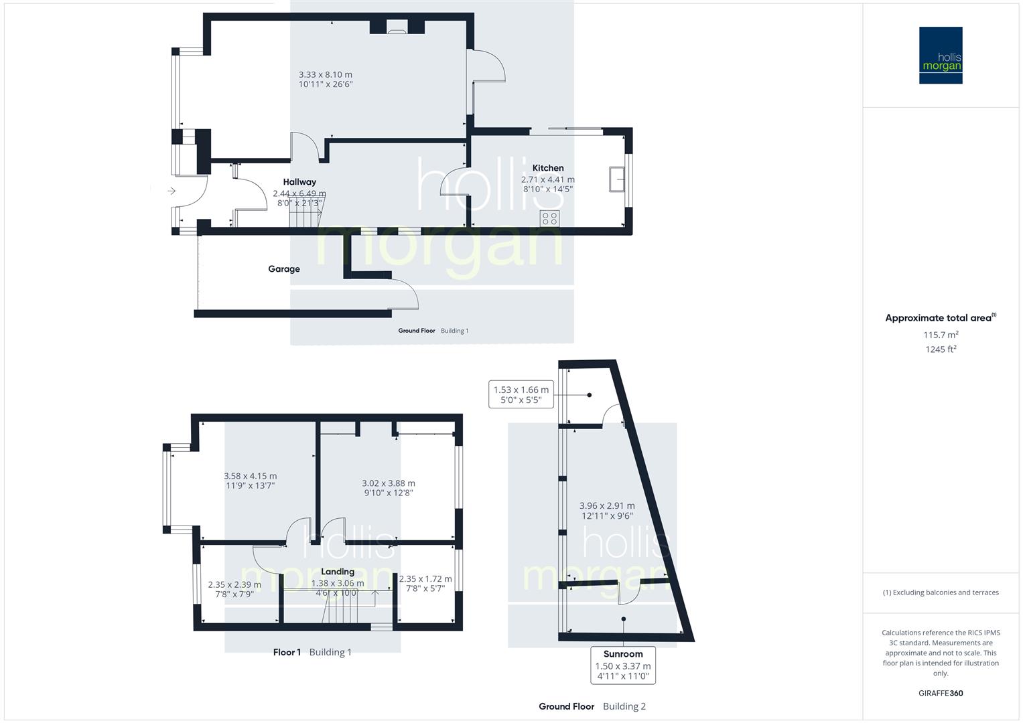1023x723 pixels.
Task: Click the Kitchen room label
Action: [x=548, y=168]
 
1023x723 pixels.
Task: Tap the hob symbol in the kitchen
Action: [x=550, y=218]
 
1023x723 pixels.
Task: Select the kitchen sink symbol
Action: [x=617, y=180]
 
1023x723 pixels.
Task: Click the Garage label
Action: [x=284, y=269]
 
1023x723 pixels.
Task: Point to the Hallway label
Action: [x=299, y=182]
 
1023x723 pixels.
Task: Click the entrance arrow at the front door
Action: [x=171, y=191]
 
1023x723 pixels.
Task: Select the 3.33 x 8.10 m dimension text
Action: [x=326, y=75]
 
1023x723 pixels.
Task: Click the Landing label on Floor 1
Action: [x=338, y=572]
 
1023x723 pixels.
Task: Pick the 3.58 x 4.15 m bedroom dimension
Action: [x=251, y=477]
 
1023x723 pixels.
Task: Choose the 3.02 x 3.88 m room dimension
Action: [x=389, y=483]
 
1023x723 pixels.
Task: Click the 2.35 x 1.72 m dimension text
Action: [x=425, y=579]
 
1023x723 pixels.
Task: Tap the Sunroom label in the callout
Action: [x=623, y=654]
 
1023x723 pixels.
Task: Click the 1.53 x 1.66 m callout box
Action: [x=521, y=395]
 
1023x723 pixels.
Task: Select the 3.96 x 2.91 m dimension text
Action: [x=607, y=506]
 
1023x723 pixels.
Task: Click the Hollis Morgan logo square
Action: [x=941, y=56]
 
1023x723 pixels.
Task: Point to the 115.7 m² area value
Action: [x=941, y=335]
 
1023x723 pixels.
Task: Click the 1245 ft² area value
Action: [x=941, y=349]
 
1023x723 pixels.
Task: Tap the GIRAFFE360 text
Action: [x=941, y=694]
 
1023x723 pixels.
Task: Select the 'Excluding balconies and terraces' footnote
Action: [x=941, y=592]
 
